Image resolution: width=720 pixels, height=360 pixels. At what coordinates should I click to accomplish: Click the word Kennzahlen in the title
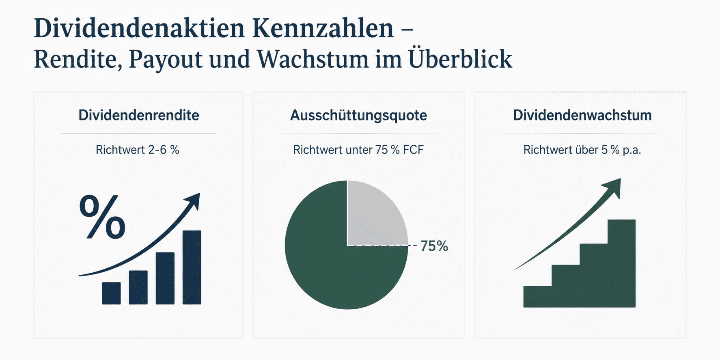pyautogui.click(x=323, y=28)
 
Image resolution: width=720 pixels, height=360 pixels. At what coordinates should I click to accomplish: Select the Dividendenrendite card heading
pyautogui.click(x=139, y=115)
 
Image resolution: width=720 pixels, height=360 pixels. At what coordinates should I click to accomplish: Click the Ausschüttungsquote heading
pyautogui.click(x=358, y=116)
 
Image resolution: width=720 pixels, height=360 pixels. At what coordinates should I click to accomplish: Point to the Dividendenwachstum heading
pyautogui.click(x=582, y=115)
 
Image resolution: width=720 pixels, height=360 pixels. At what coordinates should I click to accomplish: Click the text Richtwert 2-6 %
pyautogui.click(x=138, y=150)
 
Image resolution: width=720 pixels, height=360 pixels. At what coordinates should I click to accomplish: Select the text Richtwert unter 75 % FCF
pyautogui.click(x=358, y=150)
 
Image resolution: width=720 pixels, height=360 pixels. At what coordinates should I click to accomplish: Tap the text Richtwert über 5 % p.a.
pyautogui.click(x=582, y=150)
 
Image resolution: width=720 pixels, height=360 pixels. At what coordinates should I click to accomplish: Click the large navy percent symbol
pyautogui.click(x=102, y=217)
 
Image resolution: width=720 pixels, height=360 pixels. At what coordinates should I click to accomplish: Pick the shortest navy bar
pyautogui.click(x=111, y=293)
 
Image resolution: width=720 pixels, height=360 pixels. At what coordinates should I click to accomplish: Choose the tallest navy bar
pyautogui.click(x=192, y=267)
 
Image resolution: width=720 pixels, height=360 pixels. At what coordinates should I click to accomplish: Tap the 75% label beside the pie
pyautogui.click(x=434, y=246)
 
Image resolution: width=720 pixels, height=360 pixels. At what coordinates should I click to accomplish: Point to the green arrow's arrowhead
pyautogui.click(x=613, y=188)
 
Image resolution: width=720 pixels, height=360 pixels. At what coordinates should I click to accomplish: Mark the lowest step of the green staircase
pyautogui.click(x=537, y=296)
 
